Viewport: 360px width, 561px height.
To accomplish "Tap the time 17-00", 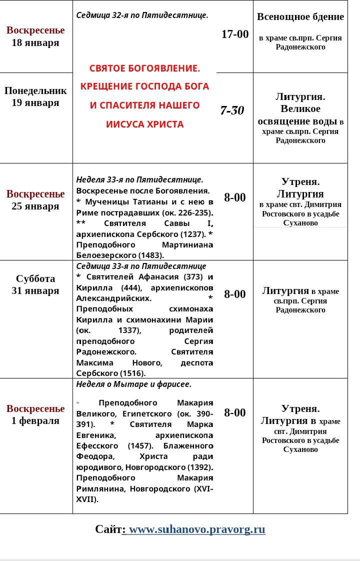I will pyautogui.click(x=235, y=34).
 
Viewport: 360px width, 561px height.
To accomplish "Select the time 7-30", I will pyautogui.click(x=232, y=110).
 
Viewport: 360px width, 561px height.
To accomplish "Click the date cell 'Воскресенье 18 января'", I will pyautogui.click(x=35, y=36).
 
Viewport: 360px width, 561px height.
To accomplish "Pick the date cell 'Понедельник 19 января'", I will pyautogui.click(x=35, y=96).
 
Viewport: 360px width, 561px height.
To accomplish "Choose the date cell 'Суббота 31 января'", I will pyautogui.click(x=35, y=284).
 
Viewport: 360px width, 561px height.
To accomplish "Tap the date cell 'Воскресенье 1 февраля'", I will pyautogui.click(x=35, y=414).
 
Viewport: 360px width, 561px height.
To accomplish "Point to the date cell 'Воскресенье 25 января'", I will pyautogui.click(x=35, y=200).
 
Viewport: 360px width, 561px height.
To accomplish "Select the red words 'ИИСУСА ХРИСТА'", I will pyautogui.click(x=145, y=124).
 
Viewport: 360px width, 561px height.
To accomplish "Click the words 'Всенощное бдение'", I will pyautogui.click(x=300, y=17).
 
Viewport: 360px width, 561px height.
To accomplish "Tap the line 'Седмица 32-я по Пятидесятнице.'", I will pyautogui.click(x=142, y=15).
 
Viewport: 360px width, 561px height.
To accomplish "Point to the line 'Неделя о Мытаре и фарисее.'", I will pyautogui.click(x=134, y=384).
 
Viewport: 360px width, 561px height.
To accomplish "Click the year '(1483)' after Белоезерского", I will pyautogui.click(x=150, y=255).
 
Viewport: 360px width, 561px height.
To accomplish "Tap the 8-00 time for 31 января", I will pyautogui.click(x=235, y=294).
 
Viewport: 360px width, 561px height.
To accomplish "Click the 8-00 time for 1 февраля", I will pyautogui.click(x=235, y=412).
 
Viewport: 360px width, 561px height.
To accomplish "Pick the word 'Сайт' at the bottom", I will pyautogui.click(x=108, y=529).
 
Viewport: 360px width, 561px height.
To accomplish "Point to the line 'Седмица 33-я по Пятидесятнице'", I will pyautogui.click(x=141, y=266).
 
